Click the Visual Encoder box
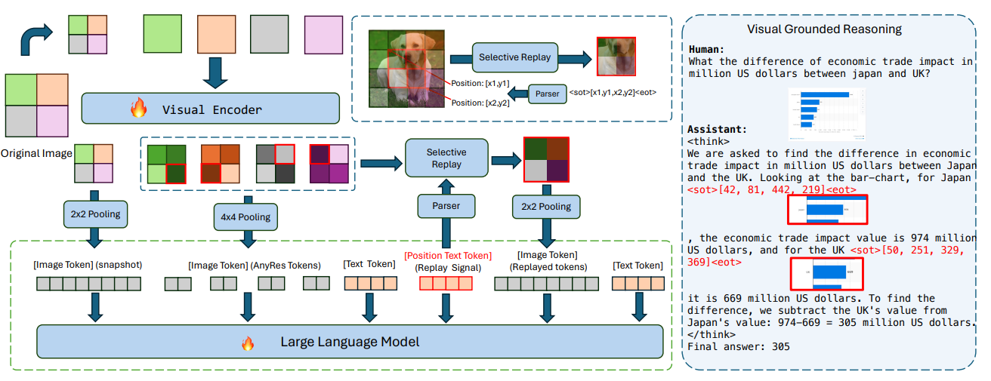[211, 109]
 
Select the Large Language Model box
[350, 342]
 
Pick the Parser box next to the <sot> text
[548, 94]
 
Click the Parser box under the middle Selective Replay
[446, 205]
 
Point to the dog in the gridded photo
[412, 64]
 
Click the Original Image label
[36, 153]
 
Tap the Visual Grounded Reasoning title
[824, 29]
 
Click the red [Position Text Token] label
[447, 256]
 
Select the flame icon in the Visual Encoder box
[138, 109]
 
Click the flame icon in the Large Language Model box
[247, 343]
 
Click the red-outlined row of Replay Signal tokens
[446, 284]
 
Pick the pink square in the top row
[323, 34]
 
